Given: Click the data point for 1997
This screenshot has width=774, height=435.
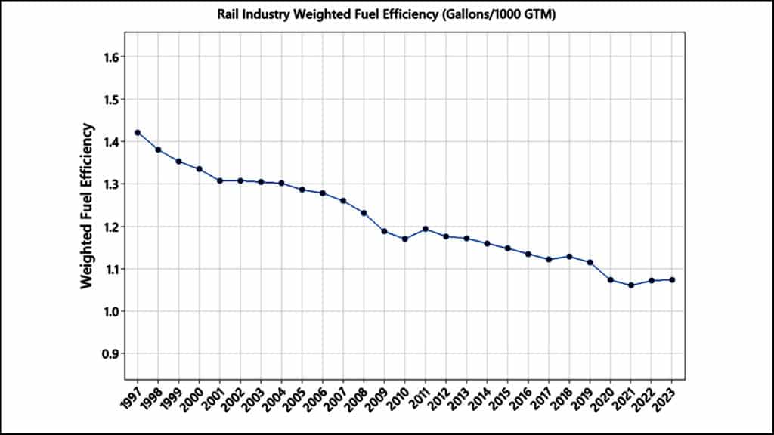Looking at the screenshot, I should pyautogui.click(x=138, y=133).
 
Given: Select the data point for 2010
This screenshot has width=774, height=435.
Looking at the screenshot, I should pyautogui.click(x=405, y=239).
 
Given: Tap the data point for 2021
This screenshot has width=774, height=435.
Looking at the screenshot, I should pyautogui.click(x=631, y=285).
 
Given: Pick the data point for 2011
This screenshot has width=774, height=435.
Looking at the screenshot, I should pyautogui.click(x=426, y=229).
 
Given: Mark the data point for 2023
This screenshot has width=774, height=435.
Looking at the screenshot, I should pyautogui.click(x=672, y=280).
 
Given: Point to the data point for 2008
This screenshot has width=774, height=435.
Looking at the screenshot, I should pyautogui.click(x=364, y=213).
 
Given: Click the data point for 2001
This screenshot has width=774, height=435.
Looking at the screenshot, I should pyautogui.click(x=220, y=180).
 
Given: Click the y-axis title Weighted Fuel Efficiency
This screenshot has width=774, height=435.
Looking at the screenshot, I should pyautogui.click(x=87, y=205).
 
